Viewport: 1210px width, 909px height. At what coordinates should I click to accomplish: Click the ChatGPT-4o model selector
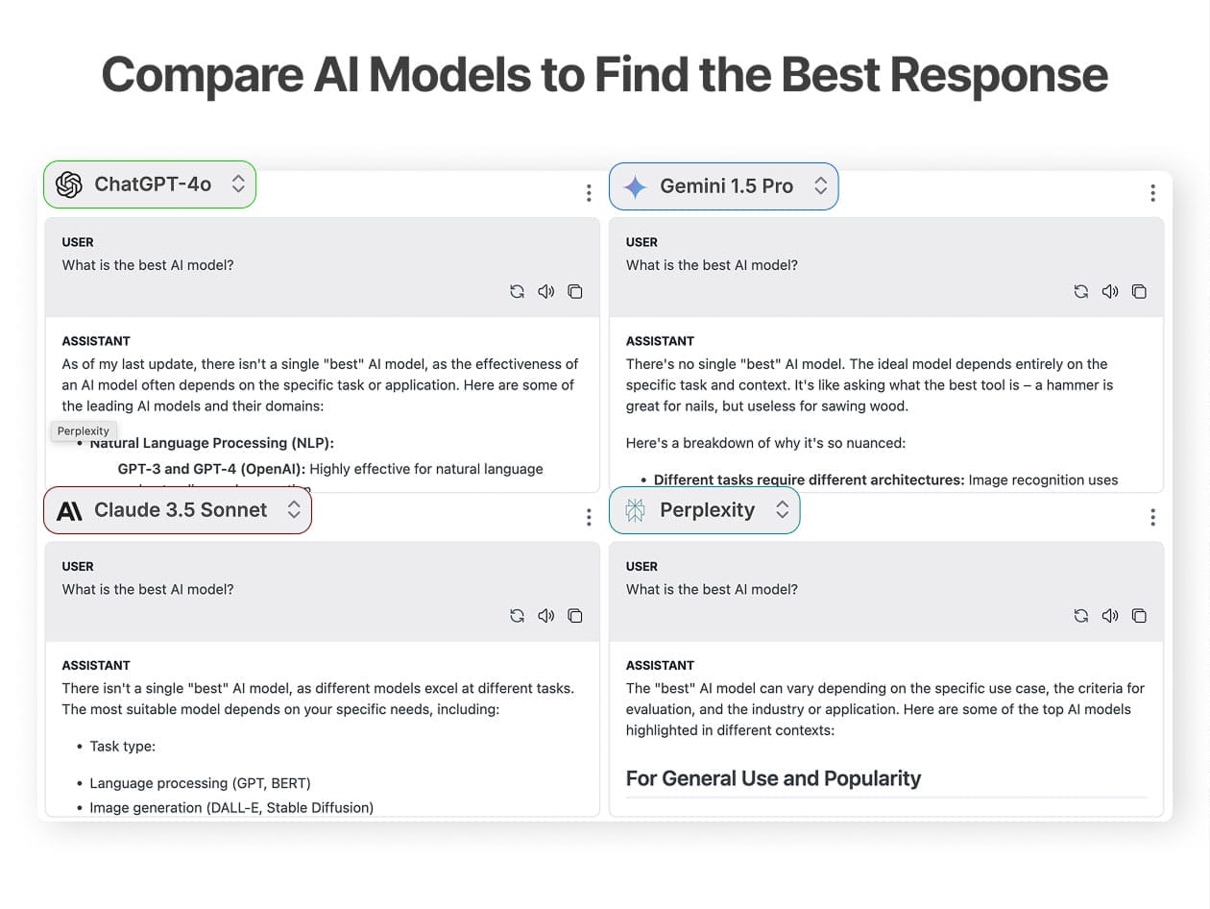tap(150, 184)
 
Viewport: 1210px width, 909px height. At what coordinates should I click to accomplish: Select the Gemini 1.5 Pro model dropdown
tap(723, 186)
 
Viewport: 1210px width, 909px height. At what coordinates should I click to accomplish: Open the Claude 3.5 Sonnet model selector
tap(178, 510)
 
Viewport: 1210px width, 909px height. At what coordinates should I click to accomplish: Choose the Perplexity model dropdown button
tap(705, 510)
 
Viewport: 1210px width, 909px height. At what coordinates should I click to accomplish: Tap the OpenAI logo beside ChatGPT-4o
tap(69, 184)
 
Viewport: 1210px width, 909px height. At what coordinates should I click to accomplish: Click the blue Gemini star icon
tap(635, 187)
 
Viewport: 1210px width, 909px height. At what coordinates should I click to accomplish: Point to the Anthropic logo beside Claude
tap(69, 511)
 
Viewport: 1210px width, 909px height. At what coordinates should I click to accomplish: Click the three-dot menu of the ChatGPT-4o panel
tap(589, 193)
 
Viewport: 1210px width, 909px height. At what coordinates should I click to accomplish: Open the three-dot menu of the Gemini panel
tap(1152, 193)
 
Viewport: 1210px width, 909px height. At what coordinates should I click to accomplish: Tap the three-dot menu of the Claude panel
tap(589, 517)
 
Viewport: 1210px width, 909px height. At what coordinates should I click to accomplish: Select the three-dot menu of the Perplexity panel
tap(1152, 517)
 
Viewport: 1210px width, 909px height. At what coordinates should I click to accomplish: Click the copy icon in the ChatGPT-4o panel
tap(575, 291)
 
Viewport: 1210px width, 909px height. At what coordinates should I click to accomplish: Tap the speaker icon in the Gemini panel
tap(1110, 291)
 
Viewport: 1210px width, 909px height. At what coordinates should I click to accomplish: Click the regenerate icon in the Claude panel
tap(517, 616)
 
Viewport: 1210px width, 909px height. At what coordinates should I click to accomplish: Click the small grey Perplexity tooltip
tap(84, 430)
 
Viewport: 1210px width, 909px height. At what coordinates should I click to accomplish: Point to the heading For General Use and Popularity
tap(773, 778)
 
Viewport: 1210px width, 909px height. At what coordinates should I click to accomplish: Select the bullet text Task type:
tap(122, 747)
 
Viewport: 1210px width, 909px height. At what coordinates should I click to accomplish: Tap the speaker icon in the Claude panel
tap(545, 616)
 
